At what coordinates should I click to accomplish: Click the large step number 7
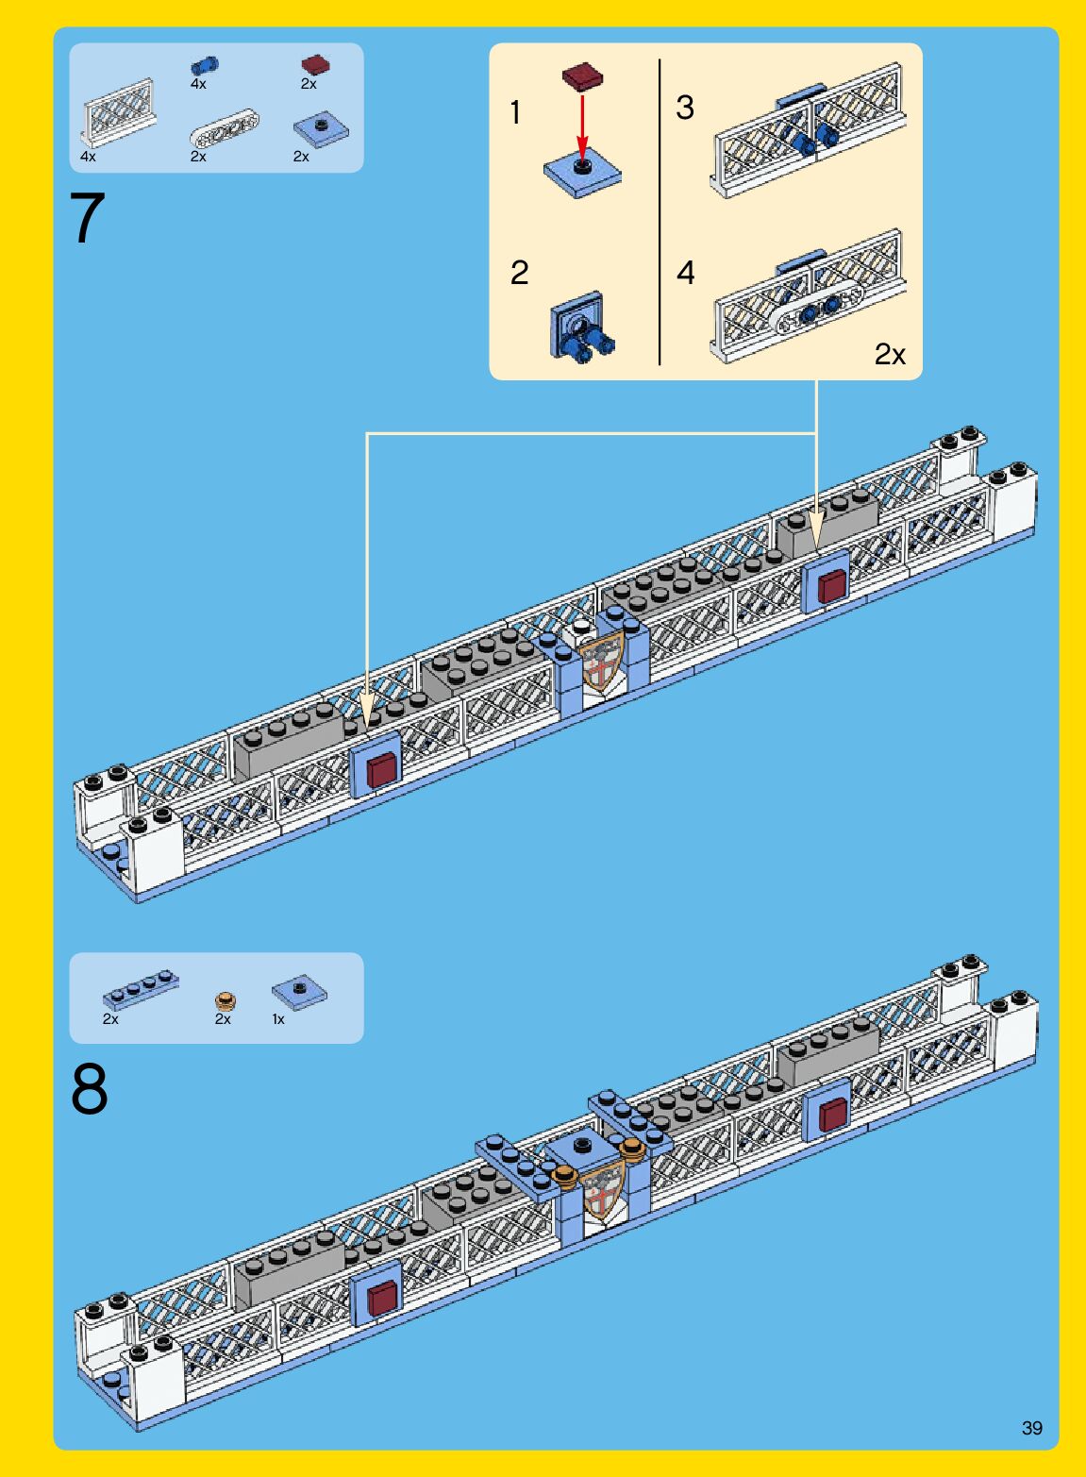pos(87,217)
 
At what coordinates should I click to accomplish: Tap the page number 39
pos(1032,1428)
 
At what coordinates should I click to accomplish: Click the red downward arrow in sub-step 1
pos(581,126)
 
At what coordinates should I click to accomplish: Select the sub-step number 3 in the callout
pos(684,108)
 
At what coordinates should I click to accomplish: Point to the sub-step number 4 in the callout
pos(686,273)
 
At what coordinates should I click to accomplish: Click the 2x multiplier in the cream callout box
pos(890,355)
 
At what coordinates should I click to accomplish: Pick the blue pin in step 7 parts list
pos(205,65)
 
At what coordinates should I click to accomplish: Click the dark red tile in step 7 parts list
pos(316,64)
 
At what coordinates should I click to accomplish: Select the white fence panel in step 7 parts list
pos(119,112)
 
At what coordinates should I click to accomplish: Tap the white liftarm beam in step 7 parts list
pos(225,126)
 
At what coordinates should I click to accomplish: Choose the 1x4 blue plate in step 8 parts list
pos(141,990)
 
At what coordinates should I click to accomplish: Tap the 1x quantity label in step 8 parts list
pos(278,1019)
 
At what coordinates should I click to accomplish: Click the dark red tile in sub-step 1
pos(582,76)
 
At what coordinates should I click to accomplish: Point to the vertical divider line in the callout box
pos(660,211)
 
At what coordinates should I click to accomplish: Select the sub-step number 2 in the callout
pos(519,273)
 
